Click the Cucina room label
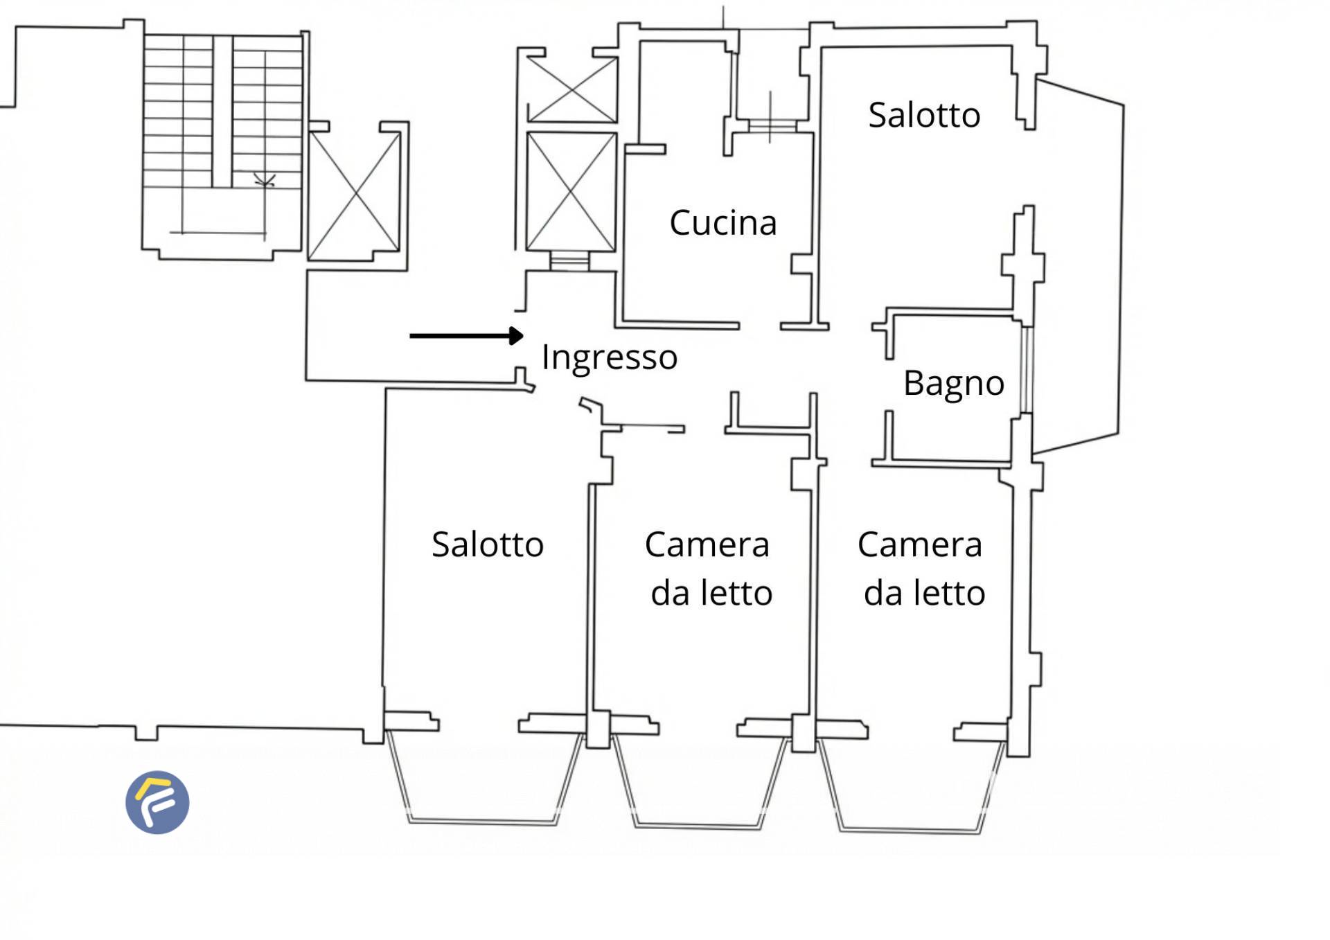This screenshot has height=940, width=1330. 723,223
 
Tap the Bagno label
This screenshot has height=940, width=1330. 954,384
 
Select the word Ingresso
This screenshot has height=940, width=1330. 610,358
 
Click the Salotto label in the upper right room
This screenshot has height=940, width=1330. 924,115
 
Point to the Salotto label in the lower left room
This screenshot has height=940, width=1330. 488,544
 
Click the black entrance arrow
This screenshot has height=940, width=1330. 467,336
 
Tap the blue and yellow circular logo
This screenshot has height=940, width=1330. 157,802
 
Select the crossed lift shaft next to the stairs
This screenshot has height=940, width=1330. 354,193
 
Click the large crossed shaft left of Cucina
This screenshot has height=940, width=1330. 571,192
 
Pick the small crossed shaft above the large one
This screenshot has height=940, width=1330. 571,89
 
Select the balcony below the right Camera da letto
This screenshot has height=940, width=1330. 912,787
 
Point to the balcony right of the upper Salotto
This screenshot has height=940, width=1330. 1078,266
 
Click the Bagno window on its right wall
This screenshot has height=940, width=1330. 1027,370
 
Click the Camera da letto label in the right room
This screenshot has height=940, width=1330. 922,569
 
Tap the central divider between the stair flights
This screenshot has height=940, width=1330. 222,111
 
